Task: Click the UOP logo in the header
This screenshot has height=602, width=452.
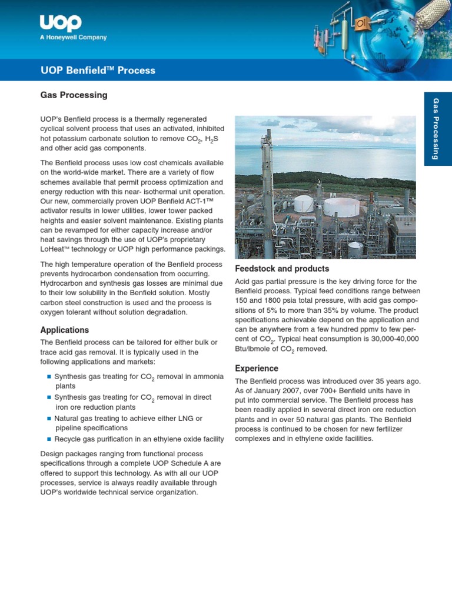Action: pos(61,23)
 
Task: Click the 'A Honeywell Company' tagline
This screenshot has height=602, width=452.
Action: pos(73,38)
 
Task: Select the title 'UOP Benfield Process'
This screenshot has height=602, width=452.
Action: pos(98,71)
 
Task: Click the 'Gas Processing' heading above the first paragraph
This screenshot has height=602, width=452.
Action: pos(74,95)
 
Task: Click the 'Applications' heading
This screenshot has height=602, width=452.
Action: pos(64,330)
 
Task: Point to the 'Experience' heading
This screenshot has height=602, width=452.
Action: pos(257,369)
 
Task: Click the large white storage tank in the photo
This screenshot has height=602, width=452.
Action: pos(341,206)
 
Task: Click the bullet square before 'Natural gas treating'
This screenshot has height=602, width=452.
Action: pos(49,419)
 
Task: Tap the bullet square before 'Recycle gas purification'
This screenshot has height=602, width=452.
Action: pos(49,439)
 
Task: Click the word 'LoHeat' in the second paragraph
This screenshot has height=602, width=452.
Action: pos(54,249)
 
